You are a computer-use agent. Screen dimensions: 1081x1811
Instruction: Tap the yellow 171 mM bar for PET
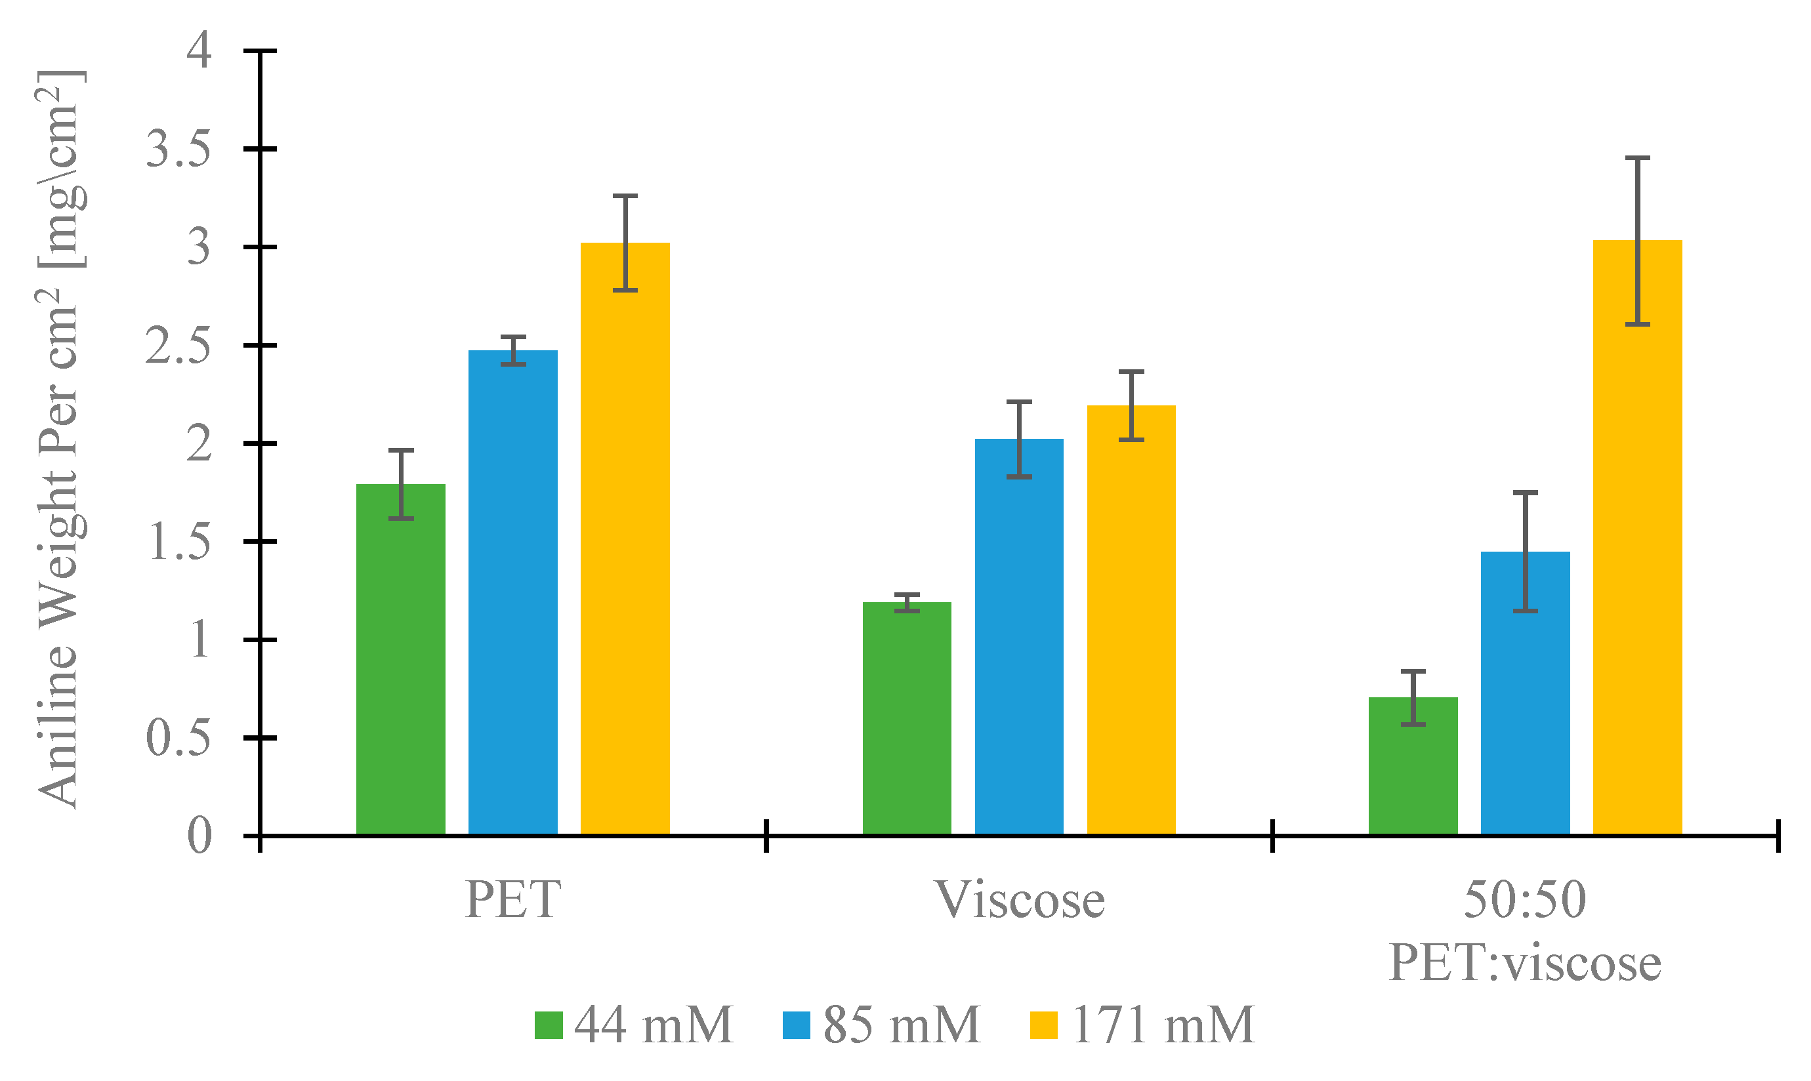point(625,539)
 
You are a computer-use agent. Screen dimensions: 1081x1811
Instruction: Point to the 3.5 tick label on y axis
point(178,150)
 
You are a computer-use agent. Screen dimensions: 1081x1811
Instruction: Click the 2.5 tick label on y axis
point(178,346)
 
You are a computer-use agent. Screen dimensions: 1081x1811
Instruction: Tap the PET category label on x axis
point(513,901)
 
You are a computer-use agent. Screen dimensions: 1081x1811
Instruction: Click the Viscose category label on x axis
point(1020,901)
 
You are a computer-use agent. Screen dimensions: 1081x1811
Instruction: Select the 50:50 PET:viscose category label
point(1526,931)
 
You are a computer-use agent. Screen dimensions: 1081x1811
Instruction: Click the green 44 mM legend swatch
point(549,1025)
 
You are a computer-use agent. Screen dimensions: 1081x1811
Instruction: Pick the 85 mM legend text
point(902,1025)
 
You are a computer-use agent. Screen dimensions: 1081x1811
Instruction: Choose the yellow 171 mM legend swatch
point(1044,1025)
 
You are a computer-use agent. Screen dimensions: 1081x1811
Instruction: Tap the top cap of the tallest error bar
point(1638,158)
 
